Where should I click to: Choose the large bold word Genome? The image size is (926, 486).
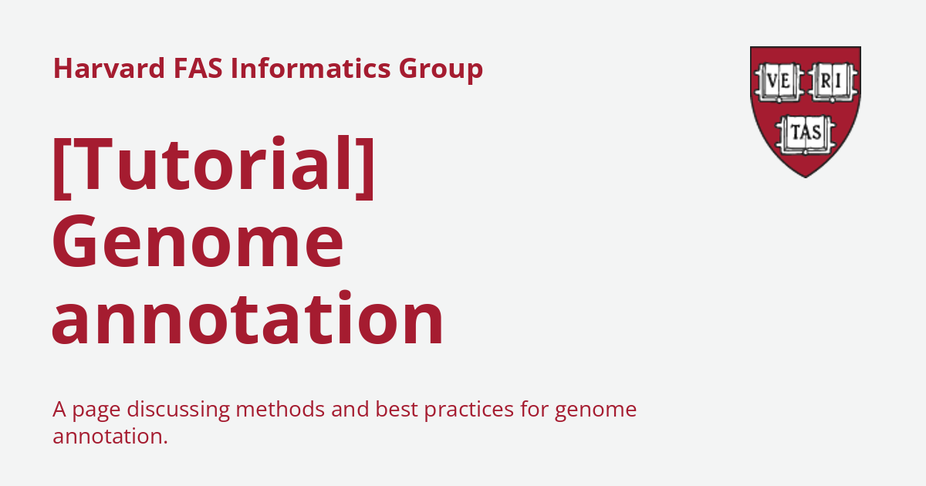coord(198,243)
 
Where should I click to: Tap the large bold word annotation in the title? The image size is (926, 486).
coord(248,319)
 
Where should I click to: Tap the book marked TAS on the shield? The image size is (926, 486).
coord(805,133)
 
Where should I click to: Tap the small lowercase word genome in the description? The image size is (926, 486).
coord(596,410)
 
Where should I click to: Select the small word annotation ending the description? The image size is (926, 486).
coord(110,436)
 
